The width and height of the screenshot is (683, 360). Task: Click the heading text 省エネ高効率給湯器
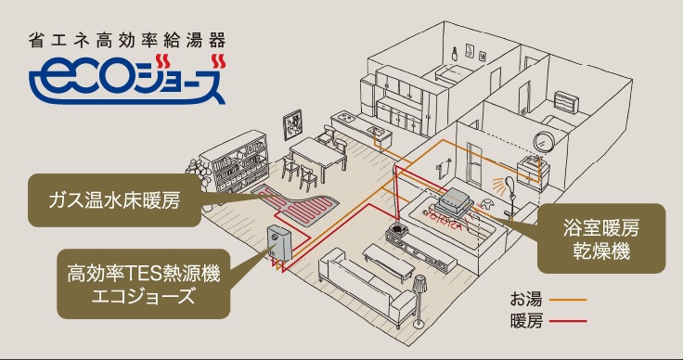pyautogui.click(x=127, y=42)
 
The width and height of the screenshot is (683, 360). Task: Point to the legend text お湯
pyautogui.click(x=524, y=299)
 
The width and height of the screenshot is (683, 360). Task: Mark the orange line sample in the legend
pyautogui.click(x=567, y=300)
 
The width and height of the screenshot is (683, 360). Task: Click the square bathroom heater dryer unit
pyautogui.click(x=457, y=199)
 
